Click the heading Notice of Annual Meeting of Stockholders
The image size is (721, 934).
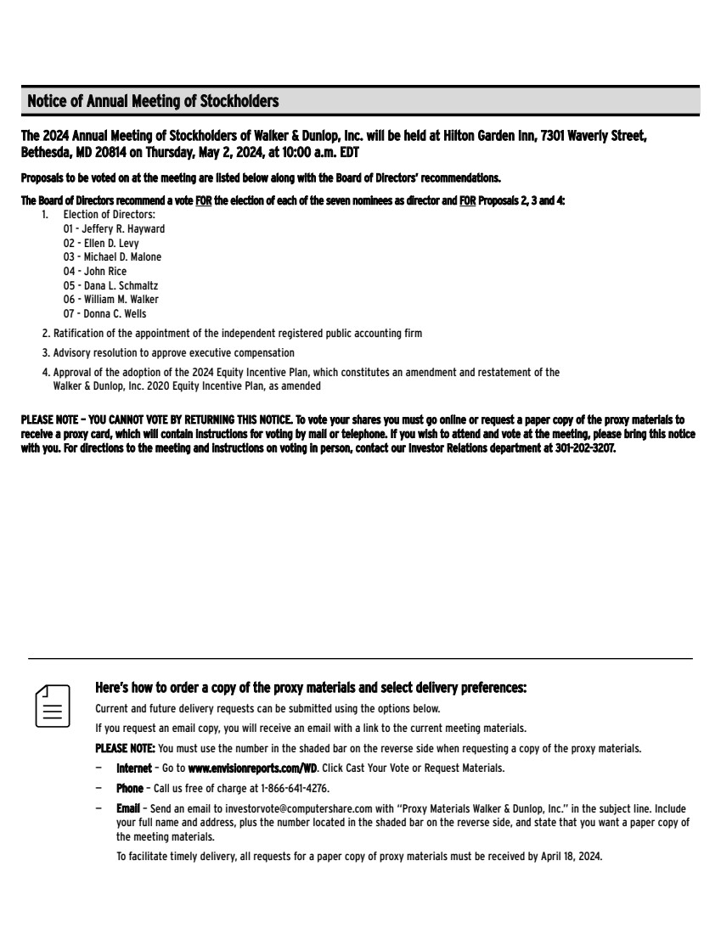pos(153,102)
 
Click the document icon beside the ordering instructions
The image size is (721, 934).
pos(52,706)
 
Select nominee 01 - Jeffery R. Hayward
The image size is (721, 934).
pos(114,229)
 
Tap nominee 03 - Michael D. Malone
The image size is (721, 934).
pos(112,257)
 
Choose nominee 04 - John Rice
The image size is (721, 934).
pos(95,272)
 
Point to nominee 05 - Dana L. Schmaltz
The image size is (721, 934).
pos(110,286)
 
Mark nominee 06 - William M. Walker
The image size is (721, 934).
pos(110,300)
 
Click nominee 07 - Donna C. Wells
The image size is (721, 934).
pos(104,314)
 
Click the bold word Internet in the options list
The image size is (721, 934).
pos(134,768)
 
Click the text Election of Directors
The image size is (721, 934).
pos(109,215)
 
